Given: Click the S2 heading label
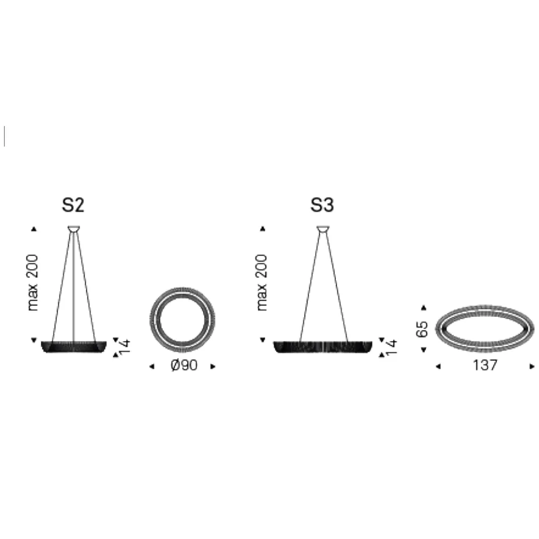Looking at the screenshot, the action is [73, 205].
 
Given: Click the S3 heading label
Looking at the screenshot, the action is [322, 205].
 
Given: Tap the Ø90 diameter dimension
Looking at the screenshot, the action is [184, 365].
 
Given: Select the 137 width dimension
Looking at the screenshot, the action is [485, 365].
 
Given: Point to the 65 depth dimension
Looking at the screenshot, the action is [422, 329].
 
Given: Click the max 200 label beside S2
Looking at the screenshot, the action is [33, 283].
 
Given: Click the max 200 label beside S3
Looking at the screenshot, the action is [262, 283].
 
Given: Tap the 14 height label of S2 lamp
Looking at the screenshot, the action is [125, 347].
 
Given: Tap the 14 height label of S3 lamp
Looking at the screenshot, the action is [391, 347].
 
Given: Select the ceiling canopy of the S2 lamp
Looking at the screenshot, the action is [74, 229].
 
